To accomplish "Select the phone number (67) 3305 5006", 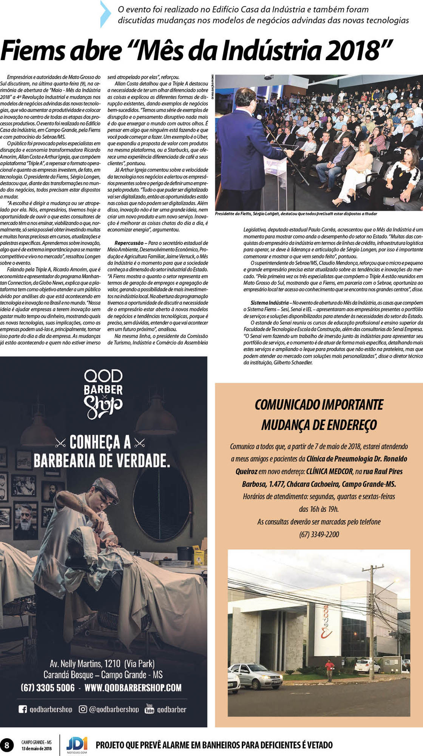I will tap(48, 687).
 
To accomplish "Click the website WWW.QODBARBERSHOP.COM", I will tap(133, 687).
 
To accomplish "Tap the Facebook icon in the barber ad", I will tap(23, 709).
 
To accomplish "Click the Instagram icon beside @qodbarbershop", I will tap(83, 709).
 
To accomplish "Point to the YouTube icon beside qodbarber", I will tap(150, 709).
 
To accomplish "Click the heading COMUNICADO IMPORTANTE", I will tap(319, 404).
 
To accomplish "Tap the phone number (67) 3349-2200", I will tap(319, 534).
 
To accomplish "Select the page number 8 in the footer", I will tap(7, 745).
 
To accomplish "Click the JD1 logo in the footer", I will tap(77, 744).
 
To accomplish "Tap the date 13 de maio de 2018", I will tap(37, 748).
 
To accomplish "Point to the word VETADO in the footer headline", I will tap(319, 745).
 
